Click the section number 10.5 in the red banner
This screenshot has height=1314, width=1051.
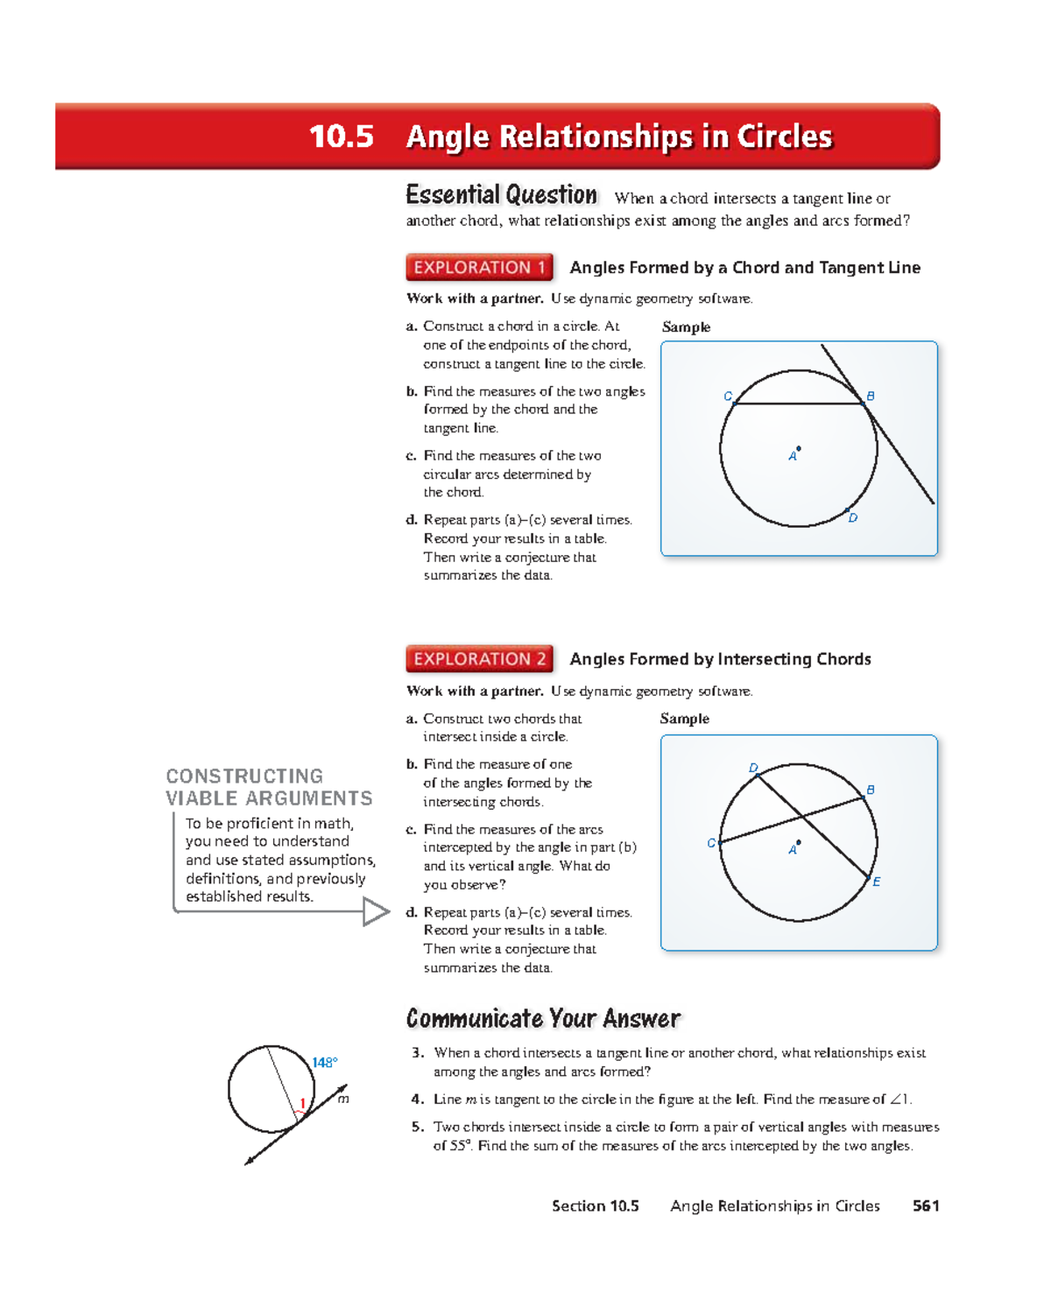341,137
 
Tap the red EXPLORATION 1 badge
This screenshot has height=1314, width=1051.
479,267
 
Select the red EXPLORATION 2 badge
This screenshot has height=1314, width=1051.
479,658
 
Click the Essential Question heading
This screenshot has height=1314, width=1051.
501,194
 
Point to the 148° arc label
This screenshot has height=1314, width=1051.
324,1062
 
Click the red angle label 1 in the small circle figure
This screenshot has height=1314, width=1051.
302,1103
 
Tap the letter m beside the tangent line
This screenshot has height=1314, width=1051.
343,1099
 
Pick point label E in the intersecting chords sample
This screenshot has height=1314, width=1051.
876,882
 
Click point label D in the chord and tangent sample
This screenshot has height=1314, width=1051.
853,518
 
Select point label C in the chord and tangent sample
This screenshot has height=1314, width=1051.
727,397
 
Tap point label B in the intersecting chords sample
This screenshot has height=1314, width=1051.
870,790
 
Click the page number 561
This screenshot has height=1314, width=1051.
925,1205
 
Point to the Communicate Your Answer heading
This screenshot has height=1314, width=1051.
543,1018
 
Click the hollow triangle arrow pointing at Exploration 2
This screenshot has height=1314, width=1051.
376,911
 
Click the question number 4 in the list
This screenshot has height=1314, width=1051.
419,1099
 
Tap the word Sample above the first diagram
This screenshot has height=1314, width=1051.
686,327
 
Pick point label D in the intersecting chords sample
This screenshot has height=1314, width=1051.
753,768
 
